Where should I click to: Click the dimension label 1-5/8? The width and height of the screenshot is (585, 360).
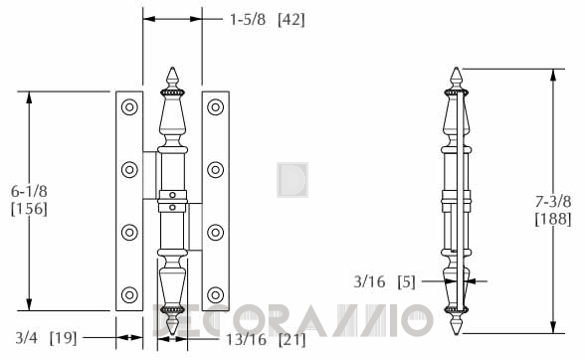pyautogui.click(x=248, y=19)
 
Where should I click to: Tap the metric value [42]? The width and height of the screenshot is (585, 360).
pyautogui.click(x=291, y=20)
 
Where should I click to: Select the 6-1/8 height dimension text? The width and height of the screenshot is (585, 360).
pyautogui.click(x=29, y=191)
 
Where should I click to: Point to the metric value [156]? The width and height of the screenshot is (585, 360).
pyautogui.click(x=29, y=209)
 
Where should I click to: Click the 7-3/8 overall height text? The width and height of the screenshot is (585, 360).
pyautogui.click(x=553, y=202)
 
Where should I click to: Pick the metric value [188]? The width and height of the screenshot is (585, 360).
pyautogui.click(x=553, y=219)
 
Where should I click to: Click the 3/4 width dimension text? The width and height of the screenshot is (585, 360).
pyautogui.click(x=26, y=338)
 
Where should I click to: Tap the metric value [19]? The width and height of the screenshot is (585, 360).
pyautogui.click(x=63, y=338)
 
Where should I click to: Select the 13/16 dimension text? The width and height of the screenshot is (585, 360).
pyautogui.click(x=247, y=339)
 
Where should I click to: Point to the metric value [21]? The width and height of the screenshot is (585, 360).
pyautogui.click(x=292, y=339)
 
